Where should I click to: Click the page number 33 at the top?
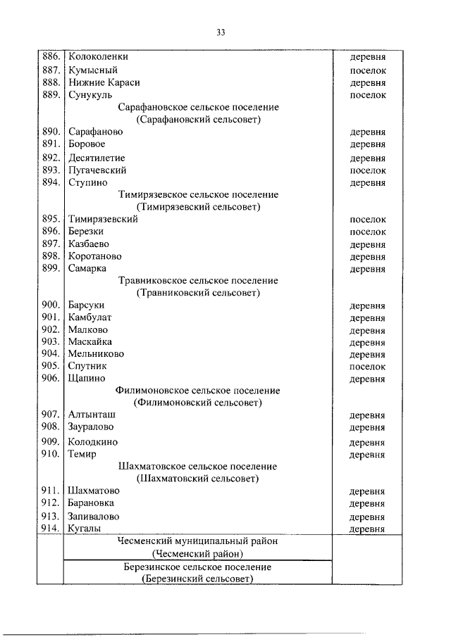221,32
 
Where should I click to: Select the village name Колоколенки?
99,56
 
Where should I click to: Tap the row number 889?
51,94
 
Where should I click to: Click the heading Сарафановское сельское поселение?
198,107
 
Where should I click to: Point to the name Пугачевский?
97,170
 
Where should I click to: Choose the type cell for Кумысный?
368,70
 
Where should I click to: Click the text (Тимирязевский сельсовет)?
198,207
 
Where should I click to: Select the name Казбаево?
89,244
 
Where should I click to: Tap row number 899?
51,268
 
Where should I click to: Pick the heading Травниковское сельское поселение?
198,281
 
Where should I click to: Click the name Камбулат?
90,317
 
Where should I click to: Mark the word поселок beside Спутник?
368,366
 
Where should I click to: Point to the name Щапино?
87,379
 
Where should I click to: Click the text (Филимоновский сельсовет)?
198,403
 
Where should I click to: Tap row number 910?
51,454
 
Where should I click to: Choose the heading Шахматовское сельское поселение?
198,467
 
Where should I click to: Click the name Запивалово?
92,516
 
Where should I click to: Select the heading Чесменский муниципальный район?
198,541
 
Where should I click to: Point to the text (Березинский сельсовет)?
198,579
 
